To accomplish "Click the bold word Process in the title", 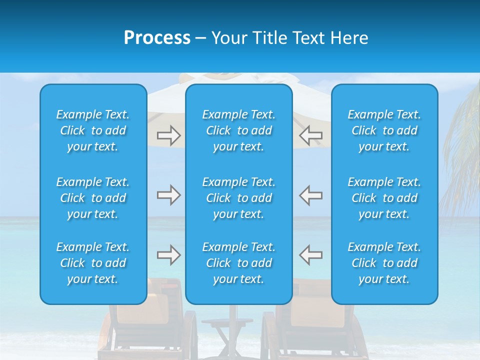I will point(157,37).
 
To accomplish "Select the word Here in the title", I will point(349,38).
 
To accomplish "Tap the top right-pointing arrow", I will point(168,135).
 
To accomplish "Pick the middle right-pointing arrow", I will point(168,195).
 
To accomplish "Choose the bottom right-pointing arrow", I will point(168,255).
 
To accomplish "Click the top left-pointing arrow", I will point(311,135).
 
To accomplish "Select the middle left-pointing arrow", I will point(311,195).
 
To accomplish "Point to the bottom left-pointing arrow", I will point(311,255).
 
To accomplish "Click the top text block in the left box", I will point(93,130).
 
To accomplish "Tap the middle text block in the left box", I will point(93,198).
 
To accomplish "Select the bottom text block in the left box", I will point(93,263).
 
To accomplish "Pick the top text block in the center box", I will point(238,130).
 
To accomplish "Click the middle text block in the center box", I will point(238,198).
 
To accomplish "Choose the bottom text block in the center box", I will point(238,263).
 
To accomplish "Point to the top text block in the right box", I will point(384,130).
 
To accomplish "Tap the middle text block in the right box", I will point(384,198).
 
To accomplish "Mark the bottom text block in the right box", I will point(384,263).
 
